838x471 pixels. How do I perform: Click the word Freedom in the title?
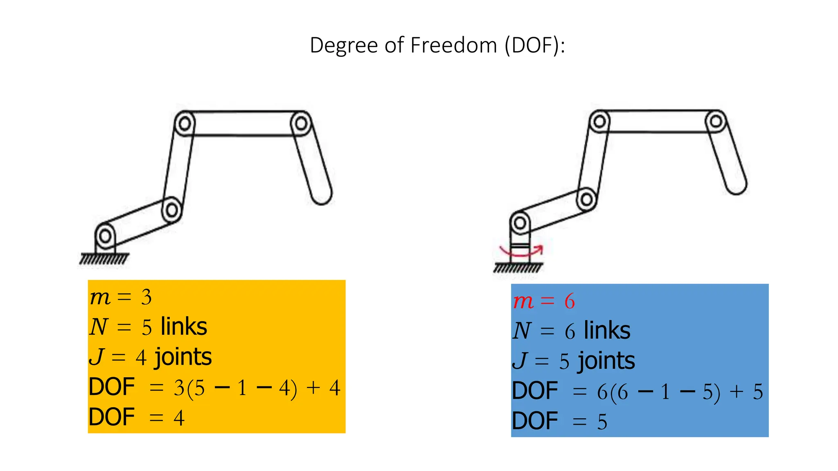pos(453,45)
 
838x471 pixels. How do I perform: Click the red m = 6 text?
pos(544,301)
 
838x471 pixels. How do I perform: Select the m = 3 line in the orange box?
pos(121,297)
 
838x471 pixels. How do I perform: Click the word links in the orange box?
pos(184,327)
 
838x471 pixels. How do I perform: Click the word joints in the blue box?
pos(606,361)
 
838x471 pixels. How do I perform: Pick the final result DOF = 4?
pos(136,417)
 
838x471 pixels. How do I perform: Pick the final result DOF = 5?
pos(559,422)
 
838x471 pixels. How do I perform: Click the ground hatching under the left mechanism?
pos(104,259)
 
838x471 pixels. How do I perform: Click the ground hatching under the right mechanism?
pos(518,268)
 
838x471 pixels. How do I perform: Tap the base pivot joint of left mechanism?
pos(105,236)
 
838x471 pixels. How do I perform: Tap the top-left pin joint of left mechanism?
pos(185,123)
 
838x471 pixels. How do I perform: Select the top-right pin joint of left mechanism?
pos(301,123)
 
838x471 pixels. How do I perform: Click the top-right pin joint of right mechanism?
pos(716,121)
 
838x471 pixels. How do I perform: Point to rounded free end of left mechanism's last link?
pos(322,195)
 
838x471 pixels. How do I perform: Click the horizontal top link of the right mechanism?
pos(658,121)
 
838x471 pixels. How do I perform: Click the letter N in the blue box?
pos(522,330)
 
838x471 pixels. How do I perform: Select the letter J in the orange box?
pos(97,357)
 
